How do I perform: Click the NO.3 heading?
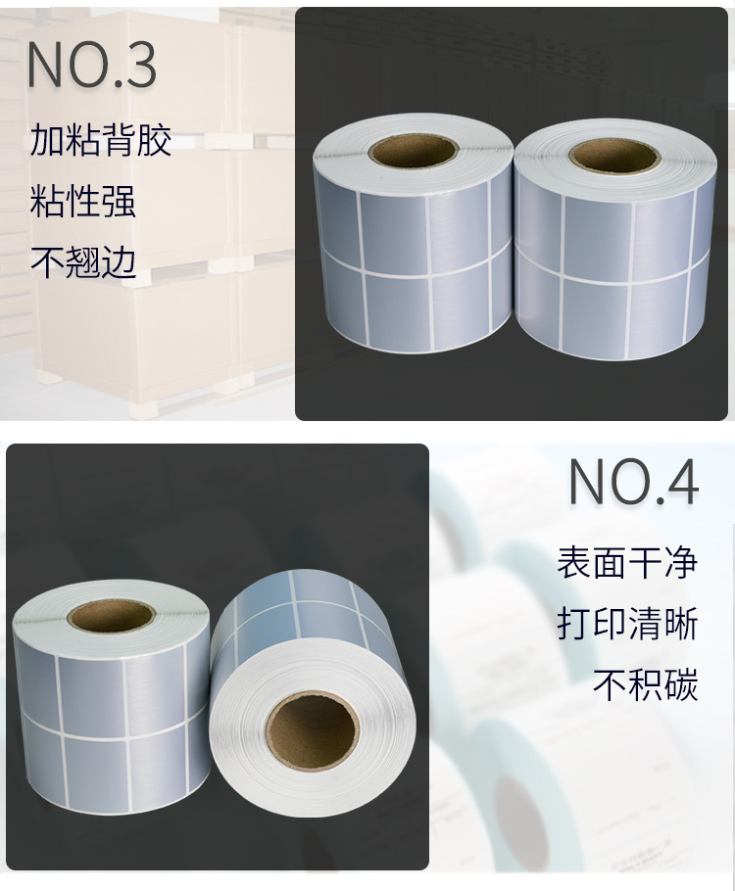91,65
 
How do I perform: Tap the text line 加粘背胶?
100,141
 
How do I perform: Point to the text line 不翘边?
82,261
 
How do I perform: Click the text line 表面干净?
627,563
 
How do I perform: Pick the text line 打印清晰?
627,624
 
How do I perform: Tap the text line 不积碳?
645,684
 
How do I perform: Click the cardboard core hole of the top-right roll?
614,155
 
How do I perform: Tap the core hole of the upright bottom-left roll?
111,616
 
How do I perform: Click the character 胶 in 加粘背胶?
154,141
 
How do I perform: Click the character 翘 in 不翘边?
82,261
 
